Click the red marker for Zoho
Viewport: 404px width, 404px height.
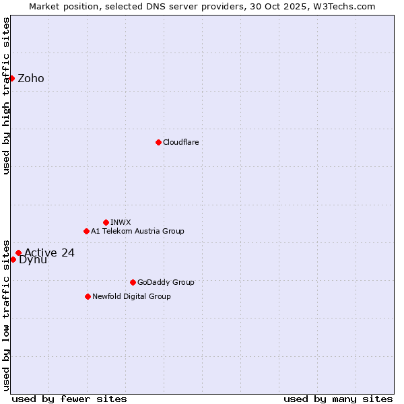pyautogui.click(x=11, y=78)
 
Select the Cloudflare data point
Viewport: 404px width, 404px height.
pyautogui.click(x=158, y=142)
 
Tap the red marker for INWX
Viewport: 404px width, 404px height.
pyautogui.click(x=106, y=222)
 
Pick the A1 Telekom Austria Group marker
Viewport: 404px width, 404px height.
pyautogui.click(x=86, y=231)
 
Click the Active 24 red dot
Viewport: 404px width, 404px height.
pyautogui.click(x=18, y=253)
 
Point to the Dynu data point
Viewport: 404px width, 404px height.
pyautogui.click(x=13, y=259)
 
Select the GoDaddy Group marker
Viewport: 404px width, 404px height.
pyautogui.click(x=133, y=282)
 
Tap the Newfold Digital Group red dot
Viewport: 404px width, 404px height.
pyautogui.click(x=88, y=296)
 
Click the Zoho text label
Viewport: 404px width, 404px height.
pyautogui.click(x=31, y=78)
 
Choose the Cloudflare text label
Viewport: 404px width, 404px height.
pyautogui.click(x=181, y=142)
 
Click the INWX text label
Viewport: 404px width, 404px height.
pyautogui.click(x=121, y=222)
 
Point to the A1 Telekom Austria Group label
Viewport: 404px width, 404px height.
pyautogui.click(x=137, y=231)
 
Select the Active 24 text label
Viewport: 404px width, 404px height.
pyautogui.click(x=49, y=253)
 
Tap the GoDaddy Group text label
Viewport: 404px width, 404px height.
pyautogui.click(x=166, y=282)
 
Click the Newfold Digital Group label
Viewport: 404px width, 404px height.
pyautogui.click(x=131, y=296)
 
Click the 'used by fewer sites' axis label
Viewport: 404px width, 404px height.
pyautogui.click(x=69, y=399)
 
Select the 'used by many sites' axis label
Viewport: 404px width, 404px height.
pyautogui.click(x=338, y=399)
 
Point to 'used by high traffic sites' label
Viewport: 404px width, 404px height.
pyautogui.click(x=6, y=96)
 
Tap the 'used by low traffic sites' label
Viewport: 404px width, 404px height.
pyautogui.click(x=6, y=314)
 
